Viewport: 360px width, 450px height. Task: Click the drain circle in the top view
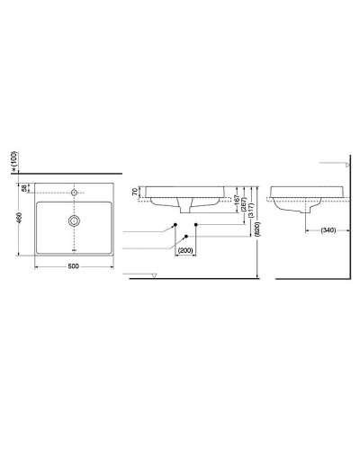click(73, 220)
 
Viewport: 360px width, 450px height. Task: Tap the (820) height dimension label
click(257, 229)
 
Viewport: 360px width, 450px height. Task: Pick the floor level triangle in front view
click(154, 274)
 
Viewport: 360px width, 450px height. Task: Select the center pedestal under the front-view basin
click(186, 207)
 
